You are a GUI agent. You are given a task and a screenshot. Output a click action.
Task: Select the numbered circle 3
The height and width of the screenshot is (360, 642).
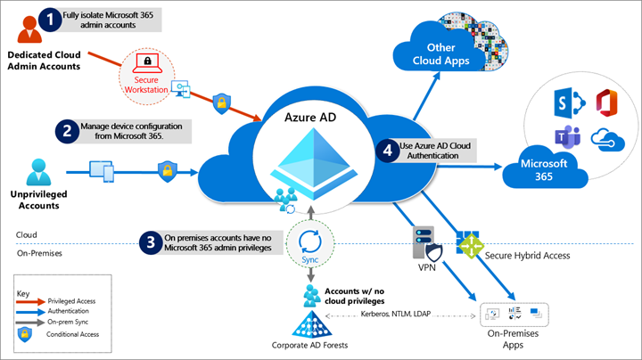click(151, 242)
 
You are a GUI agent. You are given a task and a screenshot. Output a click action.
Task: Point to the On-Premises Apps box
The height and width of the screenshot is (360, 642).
click(514, 313)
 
